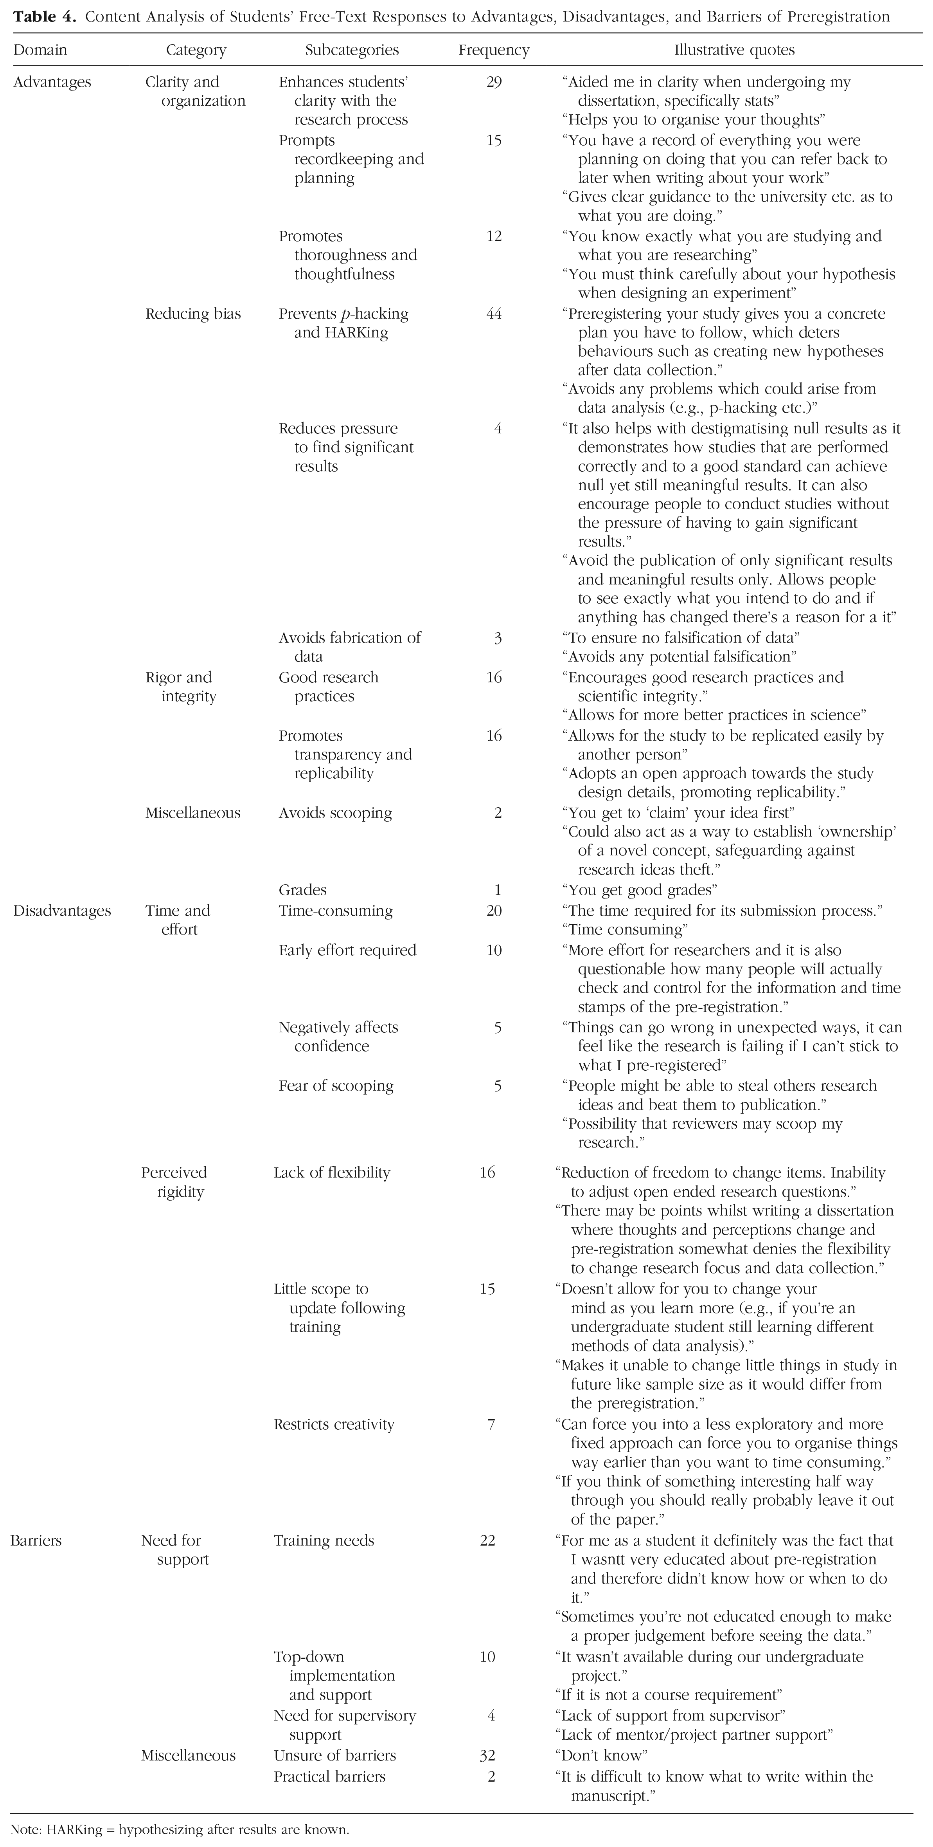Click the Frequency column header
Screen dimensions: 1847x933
coord(494,50)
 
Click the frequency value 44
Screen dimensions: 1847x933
coord(494,314)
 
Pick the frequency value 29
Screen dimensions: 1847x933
coord(494,83)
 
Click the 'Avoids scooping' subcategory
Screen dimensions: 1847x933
coord(335,813)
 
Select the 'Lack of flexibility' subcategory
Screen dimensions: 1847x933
coord(332,1172)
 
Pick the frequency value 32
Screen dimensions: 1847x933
coord(487,1755)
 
